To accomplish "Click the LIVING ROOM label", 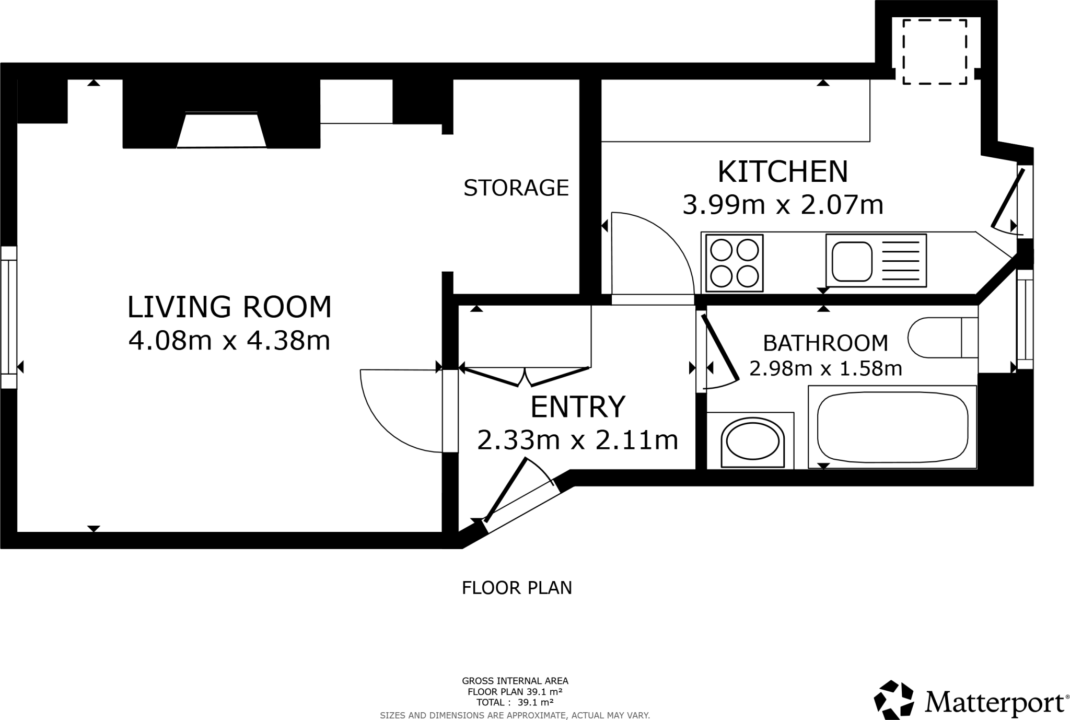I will pyautogui.click(x=229, y=307).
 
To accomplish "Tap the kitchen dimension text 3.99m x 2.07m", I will pyautogui.click(x=783, y=205).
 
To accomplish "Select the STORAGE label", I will pyautogui.click(x=516, y=188).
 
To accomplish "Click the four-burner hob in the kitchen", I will pyautogui.click(x=734, y=263).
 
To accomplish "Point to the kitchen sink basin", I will pyautogui.click(x=852, y=261).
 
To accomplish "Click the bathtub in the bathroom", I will pyautogui.click(x=892, y=428).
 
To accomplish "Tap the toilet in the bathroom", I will pyautogui.click(x=935, y=338).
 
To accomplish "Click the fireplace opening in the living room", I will pyautogui.click(x=222, y=131).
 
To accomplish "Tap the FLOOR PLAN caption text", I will pyautogui.click(x=517, y=588).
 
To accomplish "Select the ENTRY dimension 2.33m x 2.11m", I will pyautogui.click(x=577, y=440).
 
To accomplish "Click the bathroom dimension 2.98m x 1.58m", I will pyautogui.click(x=825, y=368).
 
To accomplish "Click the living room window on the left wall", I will pyautogui.click(x=8, y=317).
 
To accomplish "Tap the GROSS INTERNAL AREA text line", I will pyautogui.click(x=515, y=681).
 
